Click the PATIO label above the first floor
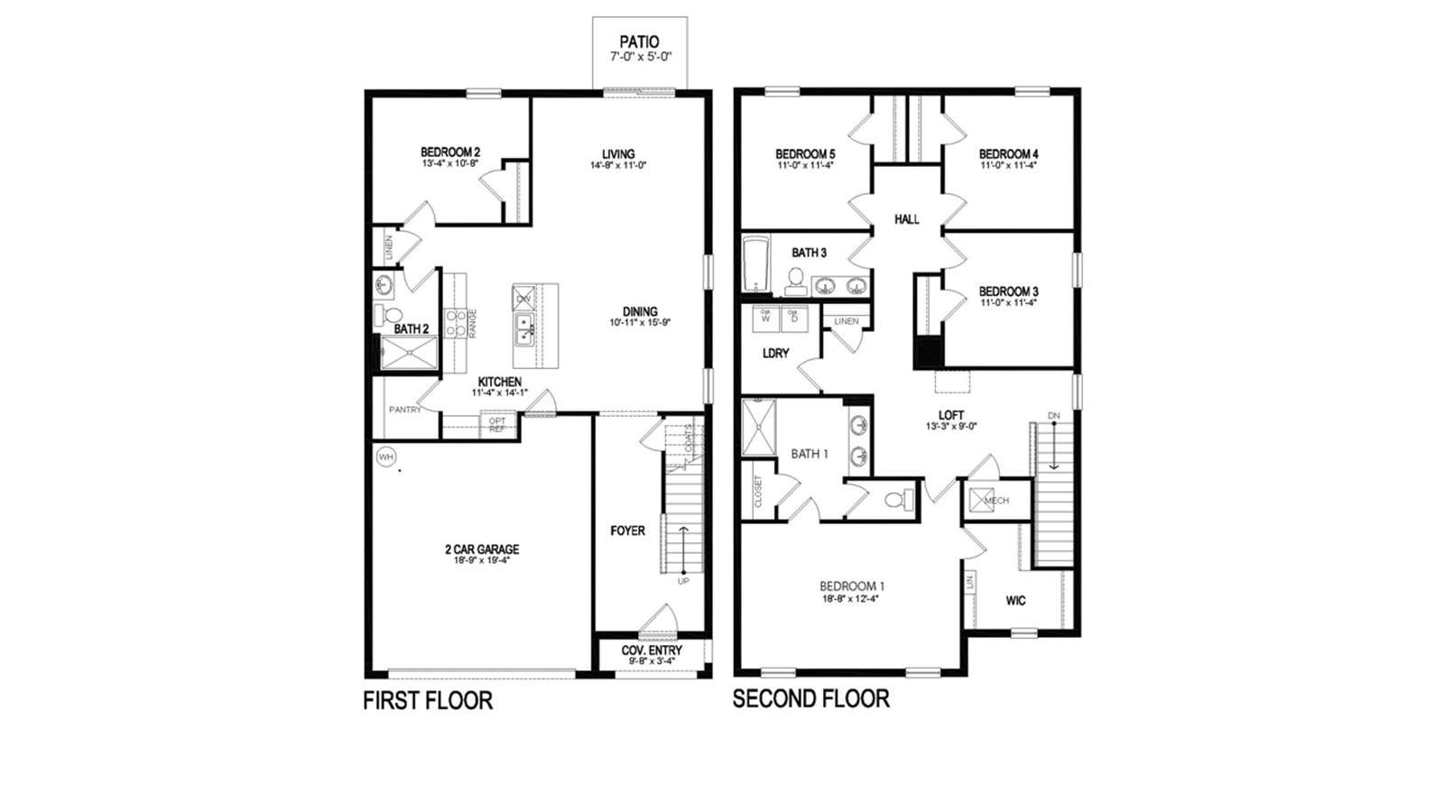[x=639, y=42]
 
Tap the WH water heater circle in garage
[x=386, y=457]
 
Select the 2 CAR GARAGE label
[x=482, y=549]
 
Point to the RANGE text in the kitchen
[x=472, y=323]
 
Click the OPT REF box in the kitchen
[x=497, y=424]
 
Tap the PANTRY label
[x=405, y=410]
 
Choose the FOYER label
[x=627, y=531]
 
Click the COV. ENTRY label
[x=652, y=650]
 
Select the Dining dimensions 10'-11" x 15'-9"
[x=640, y=322]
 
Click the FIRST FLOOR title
[x=428, y=700]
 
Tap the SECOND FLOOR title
[x=810, y=698]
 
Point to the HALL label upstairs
[x=906, y=219]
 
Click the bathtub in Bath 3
[x=754, y=263]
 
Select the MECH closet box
[x=981, y=500]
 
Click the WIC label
[x=1015, y=600]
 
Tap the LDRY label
[x=775, y=353]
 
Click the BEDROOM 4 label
[x=1008, y=154]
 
